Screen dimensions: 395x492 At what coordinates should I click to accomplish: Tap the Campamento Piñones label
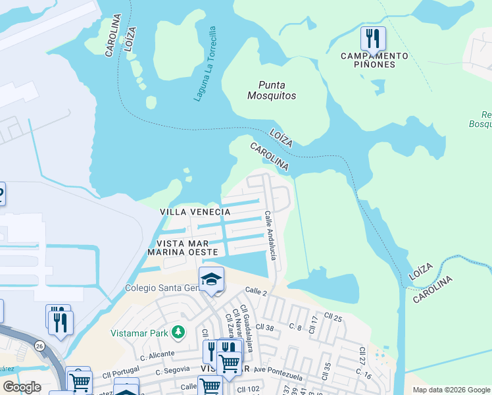(374, 60)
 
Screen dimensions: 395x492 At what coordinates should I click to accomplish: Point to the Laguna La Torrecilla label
(205, 64)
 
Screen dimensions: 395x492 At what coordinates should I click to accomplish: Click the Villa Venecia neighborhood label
(195, 211)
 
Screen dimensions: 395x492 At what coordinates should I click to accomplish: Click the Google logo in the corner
(22, 387)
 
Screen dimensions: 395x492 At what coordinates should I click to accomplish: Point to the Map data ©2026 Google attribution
(451, 390)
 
